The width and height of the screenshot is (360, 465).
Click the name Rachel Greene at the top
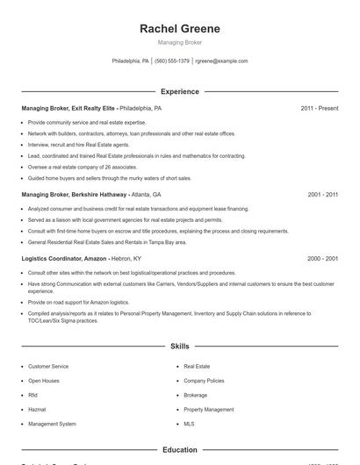click(179, 29)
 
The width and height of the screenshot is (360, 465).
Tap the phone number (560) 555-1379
click(172, 61)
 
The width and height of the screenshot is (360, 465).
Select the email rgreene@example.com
click(221, 61)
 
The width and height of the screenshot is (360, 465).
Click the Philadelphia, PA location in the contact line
click(131, 61)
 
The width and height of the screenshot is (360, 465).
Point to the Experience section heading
click(179, 91)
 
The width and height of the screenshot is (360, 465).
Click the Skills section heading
click(179, 347)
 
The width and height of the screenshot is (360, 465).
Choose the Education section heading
click(179, 449)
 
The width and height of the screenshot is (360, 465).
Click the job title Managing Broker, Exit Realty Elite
click(68, 108)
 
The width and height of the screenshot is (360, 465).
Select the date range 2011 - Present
click(320, 108)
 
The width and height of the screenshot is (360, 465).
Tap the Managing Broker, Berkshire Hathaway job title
click(75, 194)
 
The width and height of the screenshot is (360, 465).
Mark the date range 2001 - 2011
click(323, 194)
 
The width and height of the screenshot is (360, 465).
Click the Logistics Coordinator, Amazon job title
click(64, 259)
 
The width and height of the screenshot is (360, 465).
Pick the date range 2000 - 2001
click(323, 259)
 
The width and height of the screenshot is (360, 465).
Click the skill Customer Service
click(48, 366)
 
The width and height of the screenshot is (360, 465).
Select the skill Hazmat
click(37, 409)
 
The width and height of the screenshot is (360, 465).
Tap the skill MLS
click(189, 424)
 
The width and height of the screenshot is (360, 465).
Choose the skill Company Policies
click(204, 381)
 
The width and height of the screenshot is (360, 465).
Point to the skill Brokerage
click(196, 395)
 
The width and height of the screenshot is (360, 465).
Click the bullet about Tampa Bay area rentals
click(107, 241)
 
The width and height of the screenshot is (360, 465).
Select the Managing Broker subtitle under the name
click(179, 42)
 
